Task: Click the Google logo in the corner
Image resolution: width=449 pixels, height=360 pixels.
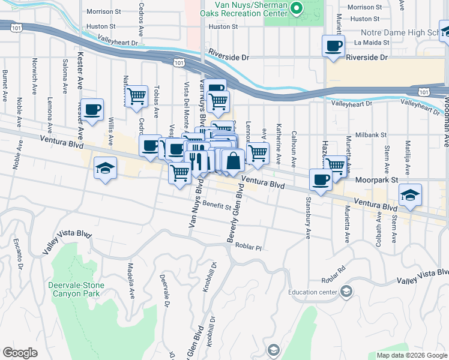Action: pos(20,353)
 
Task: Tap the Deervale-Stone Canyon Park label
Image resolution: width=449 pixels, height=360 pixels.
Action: pos(76,290)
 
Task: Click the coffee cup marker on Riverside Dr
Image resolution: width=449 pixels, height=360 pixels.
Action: pos(333,46)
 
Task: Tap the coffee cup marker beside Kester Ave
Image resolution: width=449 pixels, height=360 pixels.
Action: pos(92,110)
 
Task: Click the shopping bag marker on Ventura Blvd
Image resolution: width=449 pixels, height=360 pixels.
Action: pos(234,160)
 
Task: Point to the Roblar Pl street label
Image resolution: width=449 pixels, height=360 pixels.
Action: pos(249,247)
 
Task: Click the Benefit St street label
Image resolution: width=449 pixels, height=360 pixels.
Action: pos(217,206)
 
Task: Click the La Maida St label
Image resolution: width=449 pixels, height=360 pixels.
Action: pos(372,43)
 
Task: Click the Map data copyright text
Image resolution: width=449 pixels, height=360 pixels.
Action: pos(412,355)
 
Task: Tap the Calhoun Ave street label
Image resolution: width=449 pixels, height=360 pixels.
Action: pos(294,147)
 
